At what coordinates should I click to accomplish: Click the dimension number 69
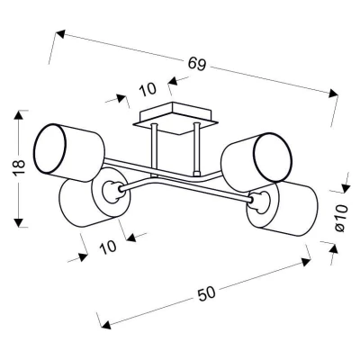197,64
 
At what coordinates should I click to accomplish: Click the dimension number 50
207,293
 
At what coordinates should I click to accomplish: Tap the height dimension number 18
18,168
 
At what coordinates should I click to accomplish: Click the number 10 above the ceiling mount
148,89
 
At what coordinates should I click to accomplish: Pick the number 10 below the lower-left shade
108,247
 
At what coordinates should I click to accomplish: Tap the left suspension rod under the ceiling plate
154,149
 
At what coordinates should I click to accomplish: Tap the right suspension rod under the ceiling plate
197,148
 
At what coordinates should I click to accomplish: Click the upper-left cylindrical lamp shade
69,153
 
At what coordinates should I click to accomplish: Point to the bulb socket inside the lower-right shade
259,203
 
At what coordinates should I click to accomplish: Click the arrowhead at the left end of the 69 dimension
60,34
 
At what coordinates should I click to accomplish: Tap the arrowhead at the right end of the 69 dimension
333,93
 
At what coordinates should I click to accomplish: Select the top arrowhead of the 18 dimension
19,115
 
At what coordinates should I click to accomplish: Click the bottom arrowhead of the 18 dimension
19,222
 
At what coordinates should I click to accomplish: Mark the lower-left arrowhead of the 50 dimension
105,325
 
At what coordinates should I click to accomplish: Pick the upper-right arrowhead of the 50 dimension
306,262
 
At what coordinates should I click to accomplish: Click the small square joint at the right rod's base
197,174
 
